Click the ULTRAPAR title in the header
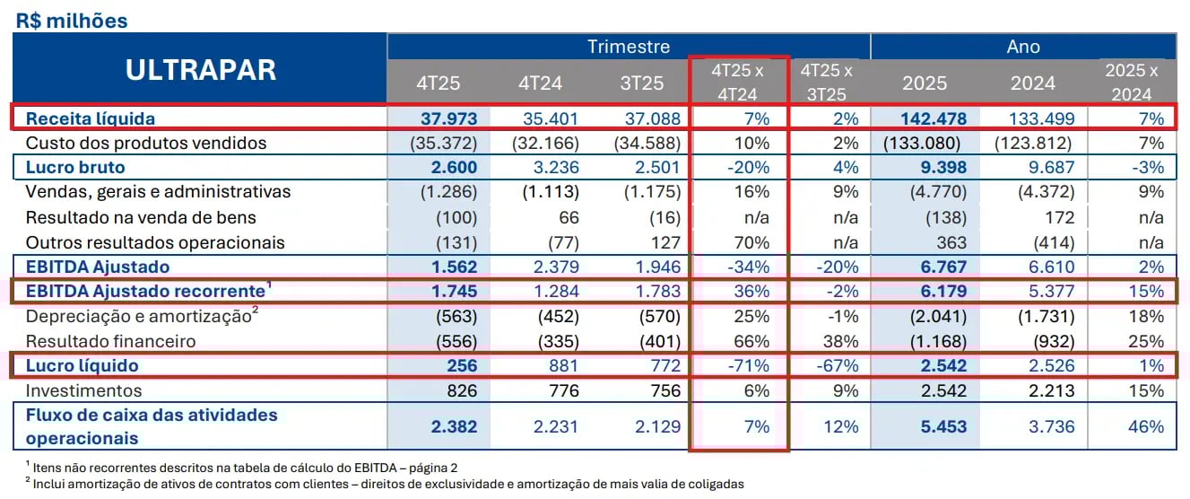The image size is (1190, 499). pos(200,70)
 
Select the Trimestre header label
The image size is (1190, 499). pos(628,47)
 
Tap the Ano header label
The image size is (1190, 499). pos(1023,47)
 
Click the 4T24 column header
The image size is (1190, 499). pos(540,83)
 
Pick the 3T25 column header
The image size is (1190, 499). pos(642,83)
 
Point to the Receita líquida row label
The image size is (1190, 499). pos(90,118)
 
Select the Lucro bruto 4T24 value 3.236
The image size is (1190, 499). pos(553,167)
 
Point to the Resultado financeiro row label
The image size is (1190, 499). pos(110,341)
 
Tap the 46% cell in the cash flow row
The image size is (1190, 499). pos(1147,426)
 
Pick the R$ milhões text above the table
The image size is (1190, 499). pos(72,20)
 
